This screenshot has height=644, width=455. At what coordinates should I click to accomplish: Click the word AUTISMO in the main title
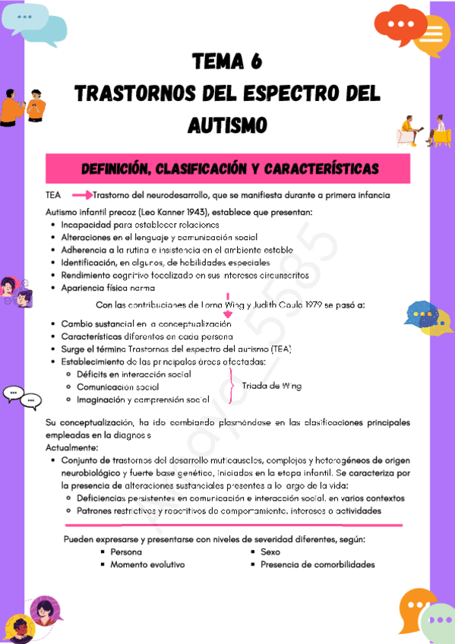point(228,122)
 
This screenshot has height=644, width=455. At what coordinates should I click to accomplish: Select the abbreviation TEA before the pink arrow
point(53,196)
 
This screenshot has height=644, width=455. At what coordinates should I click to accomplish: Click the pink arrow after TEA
point(81,196)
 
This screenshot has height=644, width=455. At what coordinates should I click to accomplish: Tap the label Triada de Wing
point(271,386)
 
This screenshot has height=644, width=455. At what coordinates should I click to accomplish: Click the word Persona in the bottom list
point(126,552)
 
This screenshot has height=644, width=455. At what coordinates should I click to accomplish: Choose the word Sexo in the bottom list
point(270,552)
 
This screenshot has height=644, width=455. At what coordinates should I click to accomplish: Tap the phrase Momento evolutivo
point(147,564)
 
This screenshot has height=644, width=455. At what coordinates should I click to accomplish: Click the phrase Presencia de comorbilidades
point(318,564)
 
